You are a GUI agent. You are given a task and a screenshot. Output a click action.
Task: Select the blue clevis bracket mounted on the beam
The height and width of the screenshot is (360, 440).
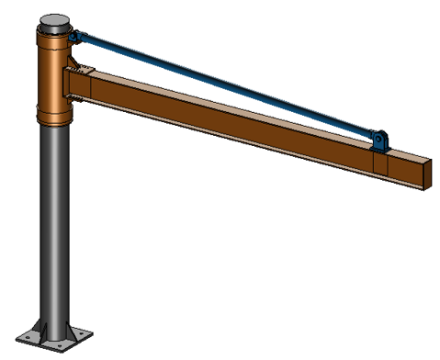click(378, 141)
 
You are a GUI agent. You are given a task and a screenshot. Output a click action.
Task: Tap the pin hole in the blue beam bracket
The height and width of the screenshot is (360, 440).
click(378, 139)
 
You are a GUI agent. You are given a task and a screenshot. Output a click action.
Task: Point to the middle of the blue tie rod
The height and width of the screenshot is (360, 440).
click(225, 87)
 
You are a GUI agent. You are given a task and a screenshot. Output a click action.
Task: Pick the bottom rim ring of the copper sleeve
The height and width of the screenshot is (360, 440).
click(55, 117)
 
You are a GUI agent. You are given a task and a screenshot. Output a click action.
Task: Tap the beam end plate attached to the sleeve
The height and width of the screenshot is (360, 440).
click(71, 88)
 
